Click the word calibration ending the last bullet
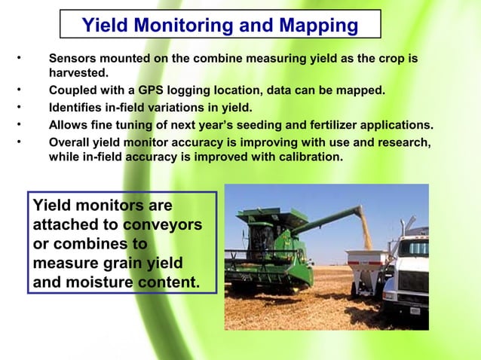pyautogui.click(x=307, y=157)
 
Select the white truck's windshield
pyautogui.click(x=415, y=248)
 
